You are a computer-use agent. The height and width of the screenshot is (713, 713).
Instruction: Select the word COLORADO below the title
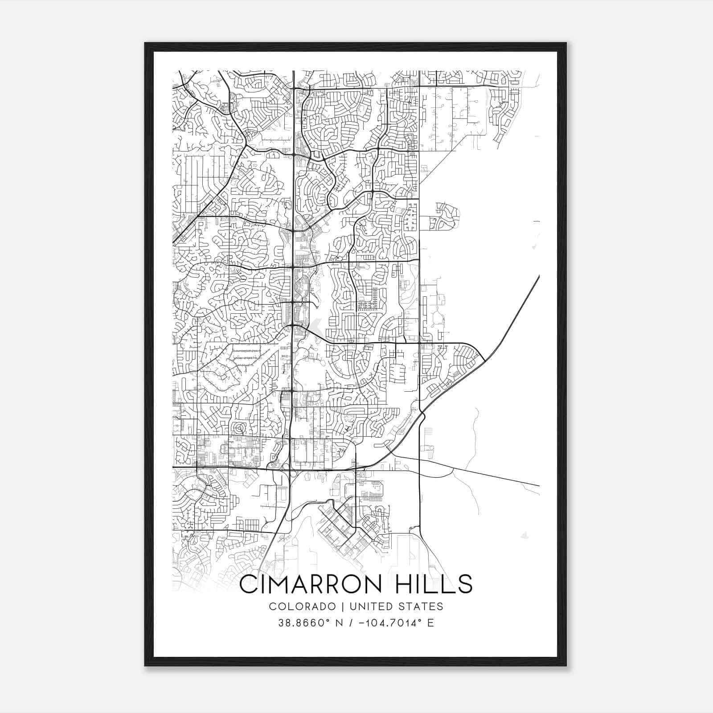[303, 606]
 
